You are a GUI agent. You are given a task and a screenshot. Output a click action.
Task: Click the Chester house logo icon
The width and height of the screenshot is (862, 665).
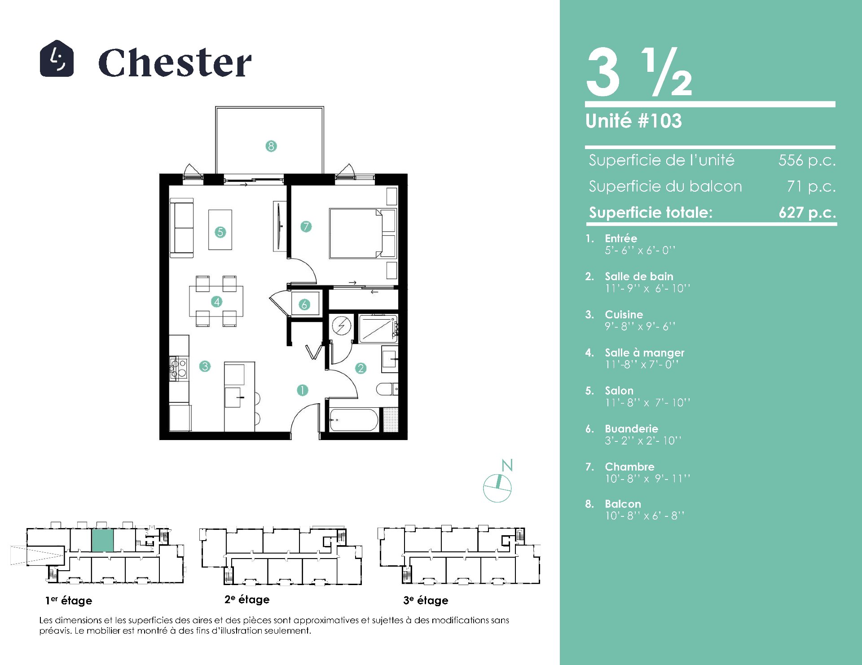57,58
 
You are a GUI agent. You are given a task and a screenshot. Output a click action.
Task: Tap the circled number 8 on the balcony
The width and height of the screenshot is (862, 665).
271,146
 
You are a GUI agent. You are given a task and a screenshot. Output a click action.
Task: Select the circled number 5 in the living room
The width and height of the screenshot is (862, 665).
220,232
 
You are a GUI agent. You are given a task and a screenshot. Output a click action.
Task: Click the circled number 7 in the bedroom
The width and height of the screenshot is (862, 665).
306,226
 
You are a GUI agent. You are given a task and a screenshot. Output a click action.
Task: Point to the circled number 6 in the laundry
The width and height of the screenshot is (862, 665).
304,304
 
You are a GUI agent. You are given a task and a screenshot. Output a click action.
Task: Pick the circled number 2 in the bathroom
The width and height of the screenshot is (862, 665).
361,368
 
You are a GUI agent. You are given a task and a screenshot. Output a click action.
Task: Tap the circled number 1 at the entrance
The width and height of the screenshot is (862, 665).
303,390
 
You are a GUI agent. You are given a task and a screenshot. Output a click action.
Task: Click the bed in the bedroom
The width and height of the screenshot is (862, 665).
363,233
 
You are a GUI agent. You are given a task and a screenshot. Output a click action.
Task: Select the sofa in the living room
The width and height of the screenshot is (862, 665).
182,229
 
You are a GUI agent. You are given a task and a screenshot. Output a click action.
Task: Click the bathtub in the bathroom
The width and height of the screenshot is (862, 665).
354,420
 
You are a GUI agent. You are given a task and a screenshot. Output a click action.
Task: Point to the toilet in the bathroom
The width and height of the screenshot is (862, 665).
387,389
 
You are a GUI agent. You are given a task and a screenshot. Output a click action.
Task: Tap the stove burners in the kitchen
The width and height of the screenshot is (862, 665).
178,368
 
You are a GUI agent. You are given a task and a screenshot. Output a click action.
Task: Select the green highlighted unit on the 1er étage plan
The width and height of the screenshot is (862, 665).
102,540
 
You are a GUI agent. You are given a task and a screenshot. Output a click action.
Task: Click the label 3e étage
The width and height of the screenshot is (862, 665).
426,600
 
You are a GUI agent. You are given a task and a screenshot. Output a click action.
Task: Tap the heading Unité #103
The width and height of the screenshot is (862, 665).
633,121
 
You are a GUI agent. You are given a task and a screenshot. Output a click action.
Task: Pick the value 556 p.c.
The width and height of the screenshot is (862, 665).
807,160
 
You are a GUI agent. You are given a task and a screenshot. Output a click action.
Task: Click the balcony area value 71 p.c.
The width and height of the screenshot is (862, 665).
811,186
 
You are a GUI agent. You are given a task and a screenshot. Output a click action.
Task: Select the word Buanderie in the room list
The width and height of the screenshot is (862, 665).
631,429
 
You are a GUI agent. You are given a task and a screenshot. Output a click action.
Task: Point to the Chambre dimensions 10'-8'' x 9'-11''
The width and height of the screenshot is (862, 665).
647,479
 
